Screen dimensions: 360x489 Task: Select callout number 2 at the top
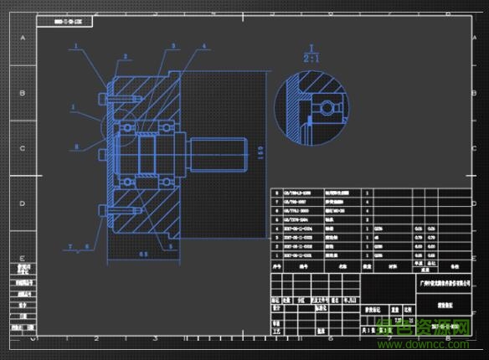pos(126,57)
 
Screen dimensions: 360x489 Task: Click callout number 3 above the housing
pos(172,46)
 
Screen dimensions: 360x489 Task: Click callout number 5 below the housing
pos(172,246)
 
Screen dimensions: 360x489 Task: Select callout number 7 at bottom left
pos(73,247)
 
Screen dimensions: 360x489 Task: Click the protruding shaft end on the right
pos(220,155)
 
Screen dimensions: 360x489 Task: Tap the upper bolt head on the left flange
pos(103,100)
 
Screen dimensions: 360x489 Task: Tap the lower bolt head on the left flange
pos(102,210)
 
